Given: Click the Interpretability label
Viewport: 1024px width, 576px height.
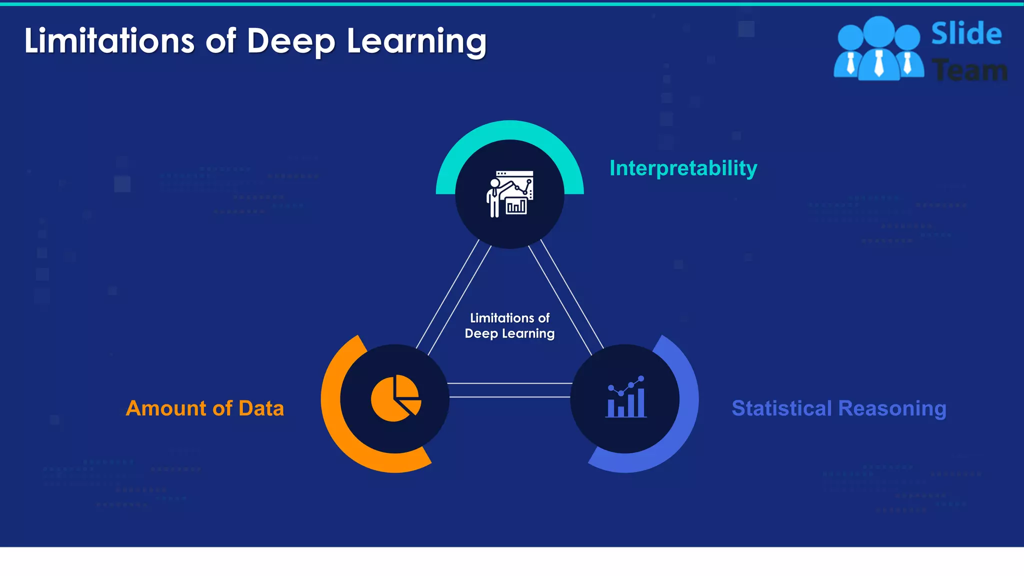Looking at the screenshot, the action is coord(683,168).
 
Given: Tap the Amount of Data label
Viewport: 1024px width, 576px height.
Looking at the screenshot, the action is coord(204,408).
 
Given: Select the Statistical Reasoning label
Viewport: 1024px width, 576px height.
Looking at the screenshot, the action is coord(838,408).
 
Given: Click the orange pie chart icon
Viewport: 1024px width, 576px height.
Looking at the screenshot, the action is coord(395,398).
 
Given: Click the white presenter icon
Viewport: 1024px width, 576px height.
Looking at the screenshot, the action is coord(509,194).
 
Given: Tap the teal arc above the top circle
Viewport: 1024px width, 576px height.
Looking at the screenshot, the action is coord(509,129).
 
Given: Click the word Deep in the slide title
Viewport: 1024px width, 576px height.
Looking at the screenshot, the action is coord(290,41).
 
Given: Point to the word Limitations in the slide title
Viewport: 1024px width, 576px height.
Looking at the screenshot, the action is coord(109,41).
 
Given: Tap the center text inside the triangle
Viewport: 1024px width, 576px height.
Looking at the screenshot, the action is coord(509,325).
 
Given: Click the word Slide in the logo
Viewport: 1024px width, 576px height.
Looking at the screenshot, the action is coord(966,34).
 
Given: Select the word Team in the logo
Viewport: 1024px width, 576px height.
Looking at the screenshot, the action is coord(969,70).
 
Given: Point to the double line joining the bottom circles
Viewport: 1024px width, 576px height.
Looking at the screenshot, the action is coord(509,390).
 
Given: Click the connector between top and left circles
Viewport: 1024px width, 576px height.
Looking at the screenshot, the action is coord(453,297).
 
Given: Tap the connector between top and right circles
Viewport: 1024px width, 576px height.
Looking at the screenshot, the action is coord(566,297).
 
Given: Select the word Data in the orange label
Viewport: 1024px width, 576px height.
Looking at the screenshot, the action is coord(261,408).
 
